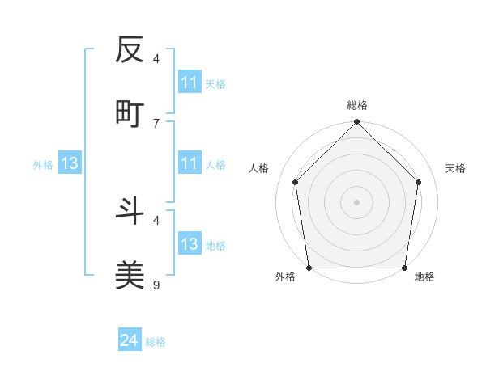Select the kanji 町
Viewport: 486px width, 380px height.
[x=130, y=114]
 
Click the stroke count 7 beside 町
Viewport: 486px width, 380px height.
[x=156, y=123]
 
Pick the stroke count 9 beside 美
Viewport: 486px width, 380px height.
[x=156, y=285]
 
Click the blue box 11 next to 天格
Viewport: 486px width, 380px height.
[x=190, y=82]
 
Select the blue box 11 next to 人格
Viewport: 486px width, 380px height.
[x=190, y=163]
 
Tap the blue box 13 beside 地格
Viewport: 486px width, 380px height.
[x=190, y=244]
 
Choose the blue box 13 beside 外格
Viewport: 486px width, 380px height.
[x=70, y=163]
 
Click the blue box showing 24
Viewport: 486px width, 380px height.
[x=129, y=341]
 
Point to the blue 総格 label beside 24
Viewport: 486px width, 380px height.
[x=156, y=342]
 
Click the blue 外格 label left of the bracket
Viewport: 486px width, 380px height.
[x=43, y=164]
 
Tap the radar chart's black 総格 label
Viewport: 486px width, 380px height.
[x=357, y=105]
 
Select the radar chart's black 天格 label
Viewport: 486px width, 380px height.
[x=456, y=168]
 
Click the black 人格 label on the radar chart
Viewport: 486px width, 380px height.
[x=259, y=168]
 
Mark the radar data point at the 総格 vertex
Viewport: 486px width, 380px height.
[x=357, y=123]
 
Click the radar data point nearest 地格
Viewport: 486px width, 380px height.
[x=405, y=268]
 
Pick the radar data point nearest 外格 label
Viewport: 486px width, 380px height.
[x=309, y=268]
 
